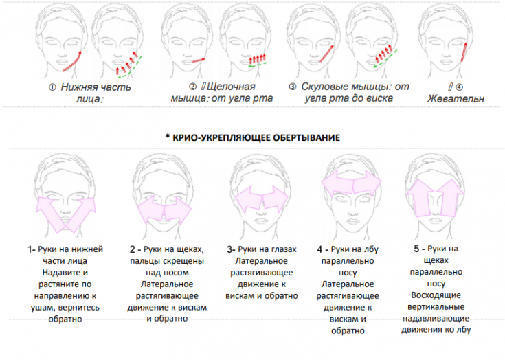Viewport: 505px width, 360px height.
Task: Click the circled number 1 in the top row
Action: click(52, 87)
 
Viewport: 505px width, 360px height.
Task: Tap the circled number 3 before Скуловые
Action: click(292, 87)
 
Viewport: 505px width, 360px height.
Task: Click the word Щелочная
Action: click(231, 87)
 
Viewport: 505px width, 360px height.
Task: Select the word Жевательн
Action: click(456, 98)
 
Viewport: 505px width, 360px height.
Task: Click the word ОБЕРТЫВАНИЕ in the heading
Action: click(306, 138)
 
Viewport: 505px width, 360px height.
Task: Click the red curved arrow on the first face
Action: click(72, 60)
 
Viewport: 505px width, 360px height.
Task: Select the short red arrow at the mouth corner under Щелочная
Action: click(199, 60)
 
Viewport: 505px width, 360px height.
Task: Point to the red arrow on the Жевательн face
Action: click(464, 52)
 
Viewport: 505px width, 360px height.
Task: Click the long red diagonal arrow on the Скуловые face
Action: click(326, 53)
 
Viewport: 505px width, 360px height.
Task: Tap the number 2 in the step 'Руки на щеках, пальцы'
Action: click(133, 249)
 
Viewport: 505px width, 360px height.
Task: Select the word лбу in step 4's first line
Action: click(372, 249)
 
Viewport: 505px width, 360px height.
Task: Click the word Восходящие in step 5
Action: click(436, 295)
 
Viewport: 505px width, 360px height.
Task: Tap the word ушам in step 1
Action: click(43, 308)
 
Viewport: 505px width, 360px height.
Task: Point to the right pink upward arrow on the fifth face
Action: click(451, 198)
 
